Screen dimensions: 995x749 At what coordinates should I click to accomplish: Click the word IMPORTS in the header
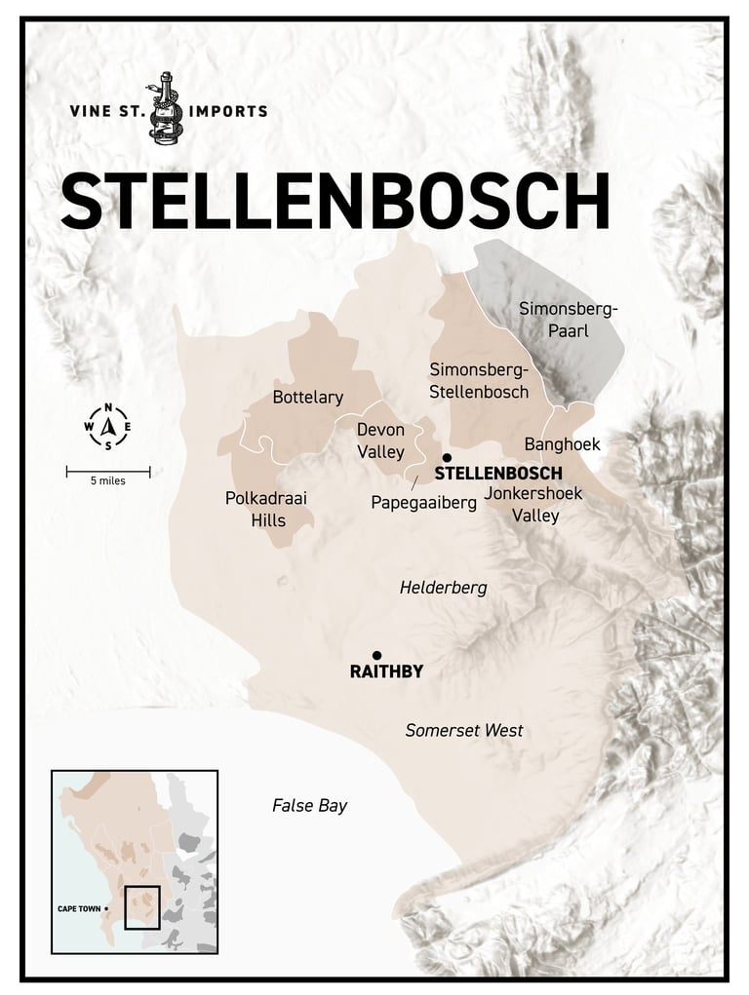[x=228, y=111]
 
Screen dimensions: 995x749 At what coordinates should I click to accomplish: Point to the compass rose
[x=108, y=427]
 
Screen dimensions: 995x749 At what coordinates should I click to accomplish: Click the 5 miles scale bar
[x=108, y=474]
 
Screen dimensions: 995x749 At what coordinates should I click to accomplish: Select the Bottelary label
[x=307, y=397]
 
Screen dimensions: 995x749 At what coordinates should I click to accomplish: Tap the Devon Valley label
[x=380, y=440]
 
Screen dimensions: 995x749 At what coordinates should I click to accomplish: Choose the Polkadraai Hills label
[x=266, y=509]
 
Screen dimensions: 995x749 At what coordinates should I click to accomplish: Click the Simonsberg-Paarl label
[x=568, y=322]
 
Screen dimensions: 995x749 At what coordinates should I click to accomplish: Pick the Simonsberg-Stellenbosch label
[x=479, y=380]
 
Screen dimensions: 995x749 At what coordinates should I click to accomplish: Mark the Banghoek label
[x=561, y=444]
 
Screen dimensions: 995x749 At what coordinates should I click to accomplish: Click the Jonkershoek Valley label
[x=532, y=504]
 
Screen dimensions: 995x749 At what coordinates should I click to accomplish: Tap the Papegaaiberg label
[x=423, y=503]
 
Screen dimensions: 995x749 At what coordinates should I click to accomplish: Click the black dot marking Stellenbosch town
[x=447, y=457]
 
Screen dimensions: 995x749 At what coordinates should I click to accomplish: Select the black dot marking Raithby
[x=376, y=655]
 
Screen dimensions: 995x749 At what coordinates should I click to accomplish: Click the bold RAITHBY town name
[x=386, y=672]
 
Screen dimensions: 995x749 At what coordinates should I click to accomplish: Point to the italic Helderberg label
[x=443, y=589]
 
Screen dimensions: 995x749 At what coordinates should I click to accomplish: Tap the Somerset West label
[x=464, y=730]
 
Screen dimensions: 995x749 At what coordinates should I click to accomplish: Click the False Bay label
[x=309, y=806]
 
